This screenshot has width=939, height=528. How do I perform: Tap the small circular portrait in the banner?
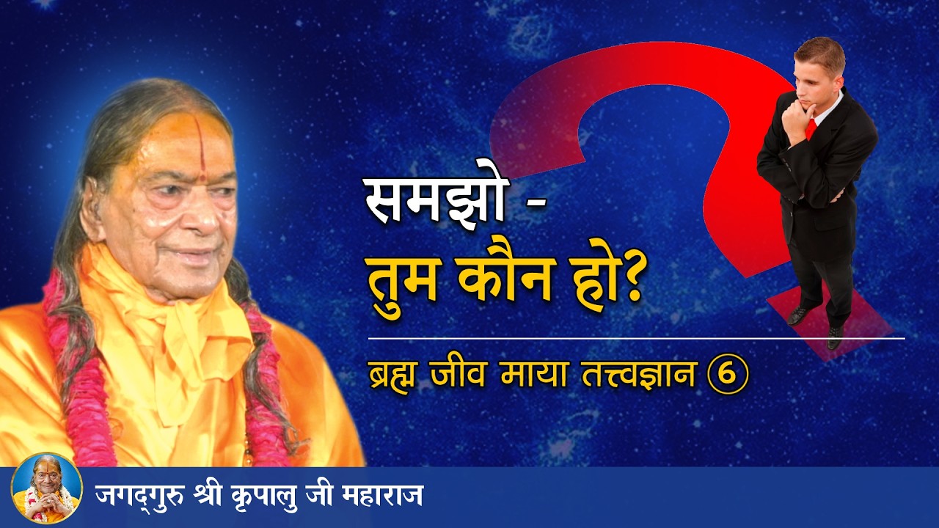46,488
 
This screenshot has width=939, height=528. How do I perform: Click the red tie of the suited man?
811,128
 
